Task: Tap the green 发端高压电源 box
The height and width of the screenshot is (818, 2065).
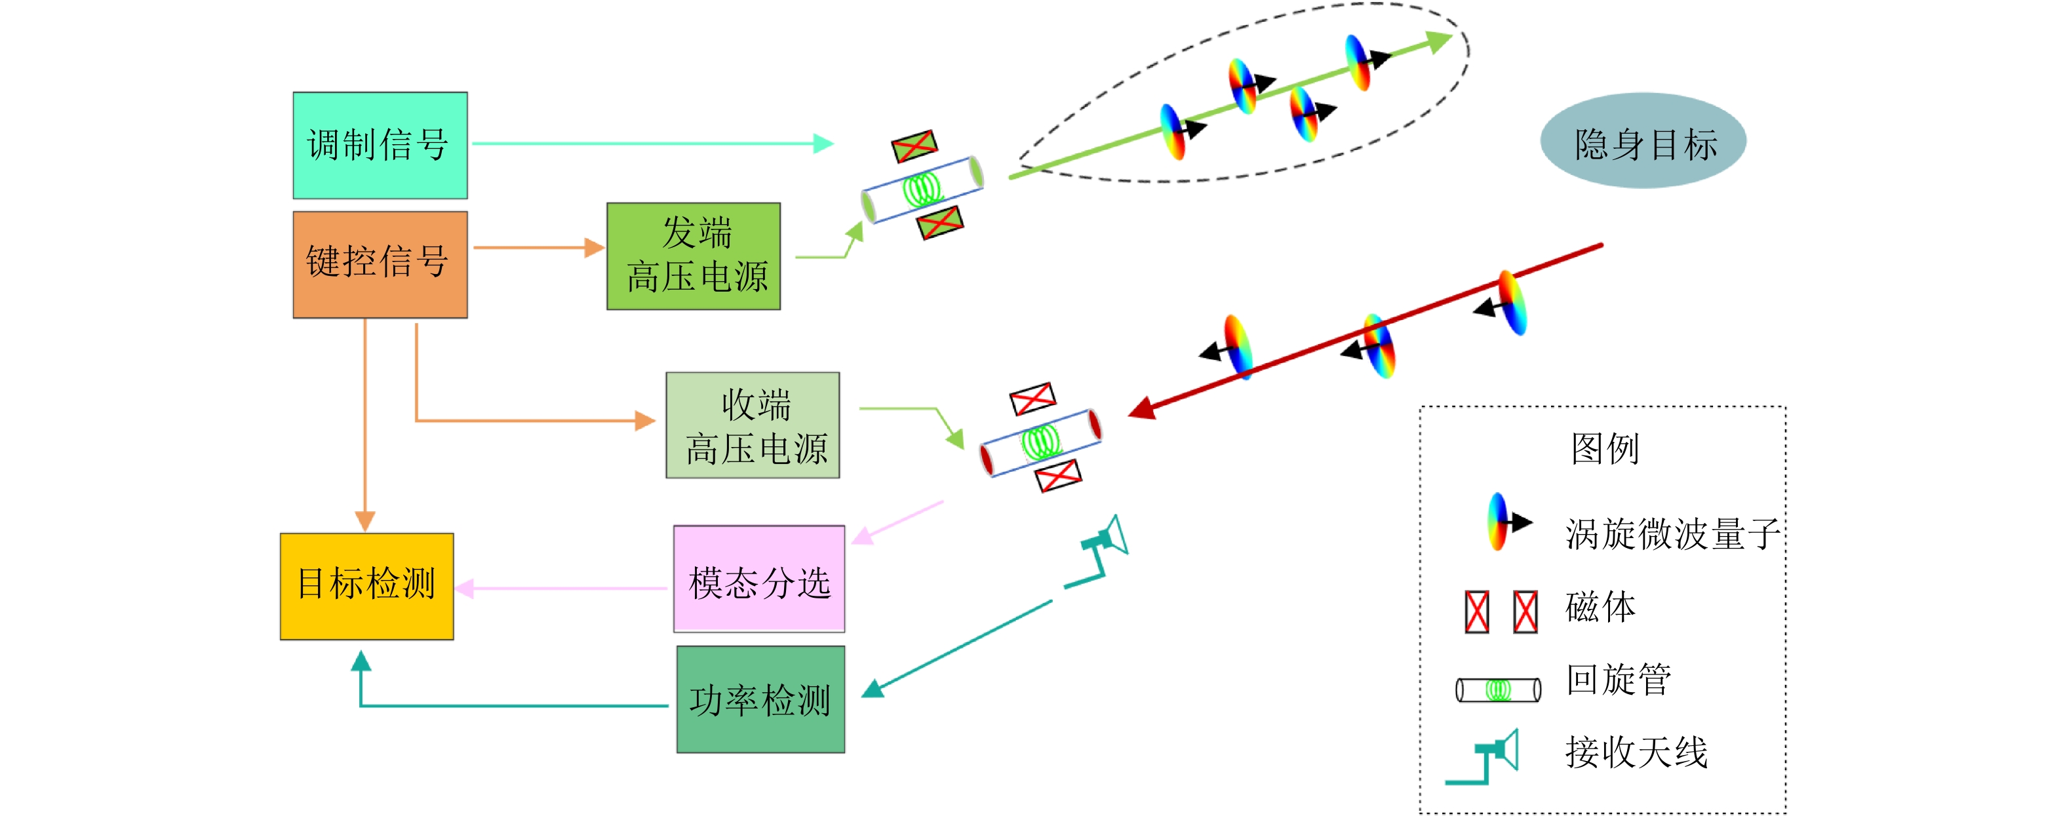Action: point(694,256)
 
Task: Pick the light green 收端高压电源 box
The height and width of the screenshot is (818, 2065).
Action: point(752,425)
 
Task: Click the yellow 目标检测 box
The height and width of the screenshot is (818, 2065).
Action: point(366,586)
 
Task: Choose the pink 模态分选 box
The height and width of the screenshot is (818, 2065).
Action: point(758,579)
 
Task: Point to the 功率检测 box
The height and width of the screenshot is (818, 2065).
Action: point(760,699)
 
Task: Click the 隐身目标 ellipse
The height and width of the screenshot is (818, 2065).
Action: point(1643,141)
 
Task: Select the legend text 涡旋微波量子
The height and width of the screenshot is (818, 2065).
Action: point(1672,534)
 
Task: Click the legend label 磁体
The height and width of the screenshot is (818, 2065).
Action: point(1600,608)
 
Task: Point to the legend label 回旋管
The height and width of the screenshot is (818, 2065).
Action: point(1619,680)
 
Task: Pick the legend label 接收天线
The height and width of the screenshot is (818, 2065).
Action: point(1636,752)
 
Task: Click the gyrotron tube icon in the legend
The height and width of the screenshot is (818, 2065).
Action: point(1497,689)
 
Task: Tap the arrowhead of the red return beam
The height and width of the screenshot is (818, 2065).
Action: point(1140,410)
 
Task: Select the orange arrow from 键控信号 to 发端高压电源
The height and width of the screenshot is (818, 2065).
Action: point(537,248)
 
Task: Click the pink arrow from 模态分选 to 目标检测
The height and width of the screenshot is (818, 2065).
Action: point(561,588)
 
